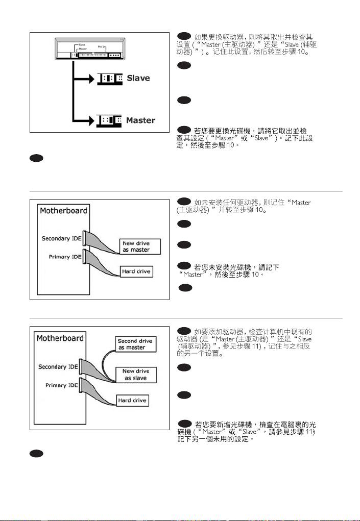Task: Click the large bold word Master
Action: [x=140, y=120]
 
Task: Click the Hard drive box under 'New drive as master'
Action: [x=136, y=271]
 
